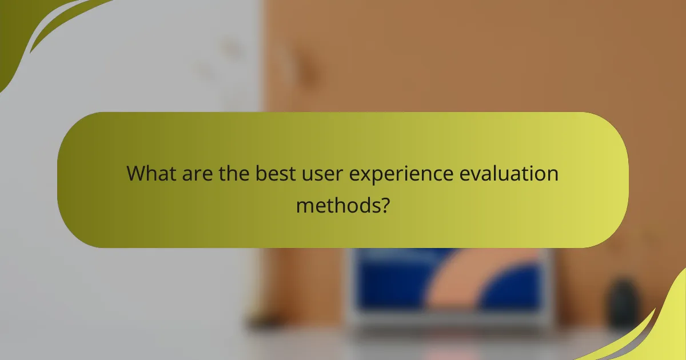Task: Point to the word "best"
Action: click(276, 173)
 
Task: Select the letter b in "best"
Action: click(260, 173)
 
